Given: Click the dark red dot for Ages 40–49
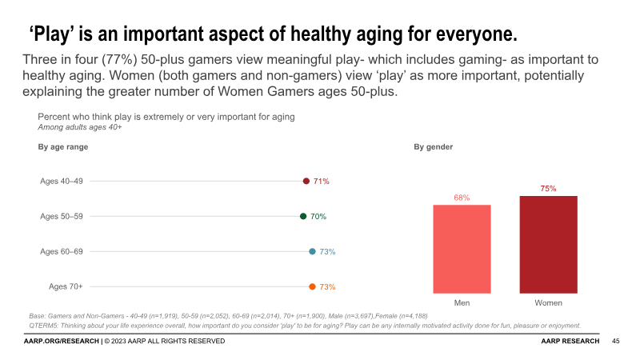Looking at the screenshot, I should (x=306, y=182).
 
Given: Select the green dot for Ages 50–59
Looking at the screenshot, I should (x=303, y=216).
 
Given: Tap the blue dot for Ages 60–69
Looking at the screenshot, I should (x=312, y=251).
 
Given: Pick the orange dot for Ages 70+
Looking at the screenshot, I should (x=312, y=286).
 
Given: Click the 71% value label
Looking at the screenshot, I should (x=322, y=182).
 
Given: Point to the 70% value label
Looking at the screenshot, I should (x=318, y=216).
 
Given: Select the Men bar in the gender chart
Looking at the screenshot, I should (x=462, y=249).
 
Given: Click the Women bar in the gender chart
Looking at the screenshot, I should (x=548, y=244).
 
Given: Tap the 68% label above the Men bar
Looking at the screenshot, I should (x=462, y=198).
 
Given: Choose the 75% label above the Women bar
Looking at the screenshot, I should (x=548, y=189).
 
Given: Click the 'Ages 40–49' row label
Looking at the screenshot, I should (x=62, y=182).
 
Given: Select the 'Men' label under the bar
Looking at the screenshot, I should (x=462, y=303).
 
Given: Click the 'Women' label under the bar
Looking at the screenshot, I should (x=548, y=303).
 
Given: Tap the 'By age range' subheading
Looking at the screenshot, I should (x=63, y=147).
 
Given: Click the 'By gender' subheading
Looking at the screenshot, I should (x=434, y=147).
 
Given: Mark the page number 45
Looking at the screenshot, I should (x=616, y=342).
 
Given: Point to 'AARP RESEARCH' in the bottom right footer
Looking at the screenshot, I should (x=570, y=342).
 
